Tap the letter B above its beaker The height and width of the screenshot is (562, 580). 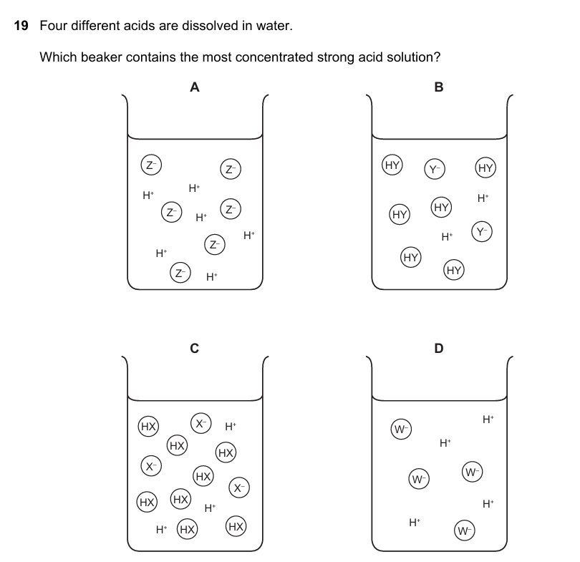coord(439,87)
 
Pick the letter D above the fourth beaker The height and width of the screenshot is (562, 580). coord(439,348)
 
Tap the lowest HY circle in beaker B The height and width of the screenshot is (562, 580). coord(453,270)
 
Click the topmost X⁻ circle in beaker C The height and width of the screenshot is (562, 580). coord(200,422)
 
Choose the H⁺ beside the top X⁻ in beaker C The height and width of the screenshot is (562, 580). coord(230,427)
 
